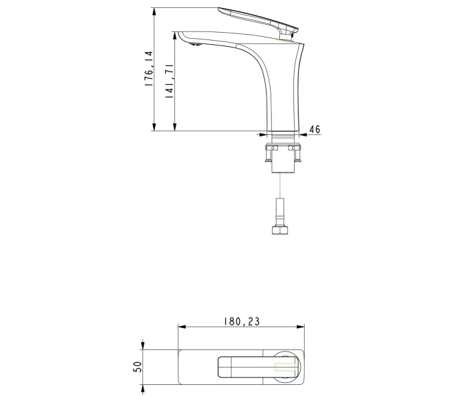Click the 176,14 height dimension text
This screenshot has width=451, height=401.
coord(148,69)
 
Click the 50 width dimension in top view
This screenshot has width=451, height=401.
coord(137,367)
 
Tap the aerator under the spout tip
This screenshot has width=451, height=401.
coord(194,45)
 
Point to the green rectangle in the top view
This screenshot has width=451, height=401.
coord(285,366)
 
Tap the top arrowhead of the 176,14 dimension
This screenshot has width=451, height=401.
coord(154,12)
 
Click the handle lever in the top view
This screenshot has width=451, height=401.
coord(247,366)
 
